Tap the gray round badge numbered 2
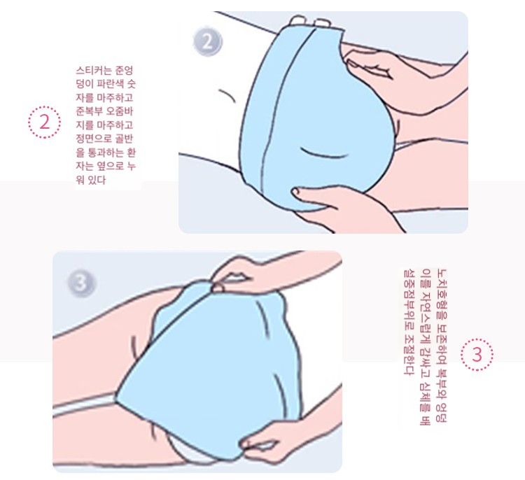click(x=208, y=43)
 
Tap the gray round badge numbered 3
click(x=82, y=283)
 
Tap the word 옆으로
click(x=110, y=167)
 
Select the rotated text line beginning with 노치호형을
click(x=442, y=346)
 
